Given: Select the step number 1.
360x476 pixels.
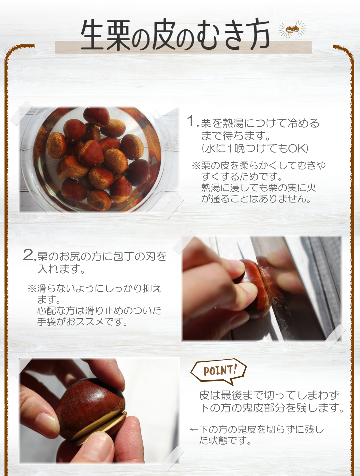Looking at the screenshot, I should point(191,121).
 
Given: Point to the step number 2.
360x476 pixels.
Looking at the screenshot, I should point(29,255).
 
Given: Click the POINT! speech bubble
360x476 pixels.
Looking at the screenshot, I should point(219,371).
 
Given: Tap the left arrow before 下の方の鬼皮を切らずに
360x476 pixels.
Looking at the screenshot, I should point(194,430).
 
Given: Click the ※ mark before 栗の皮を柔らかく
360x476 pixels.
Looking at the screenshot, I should point(196,165).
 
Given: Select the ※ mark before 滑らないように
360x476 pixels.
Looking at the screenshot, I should point(32,289).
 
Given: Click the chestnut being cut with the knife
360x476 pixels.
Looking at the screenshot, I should point(252,288).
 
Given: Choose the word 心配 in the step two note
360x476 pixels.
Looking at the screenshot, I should point(47,310).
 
